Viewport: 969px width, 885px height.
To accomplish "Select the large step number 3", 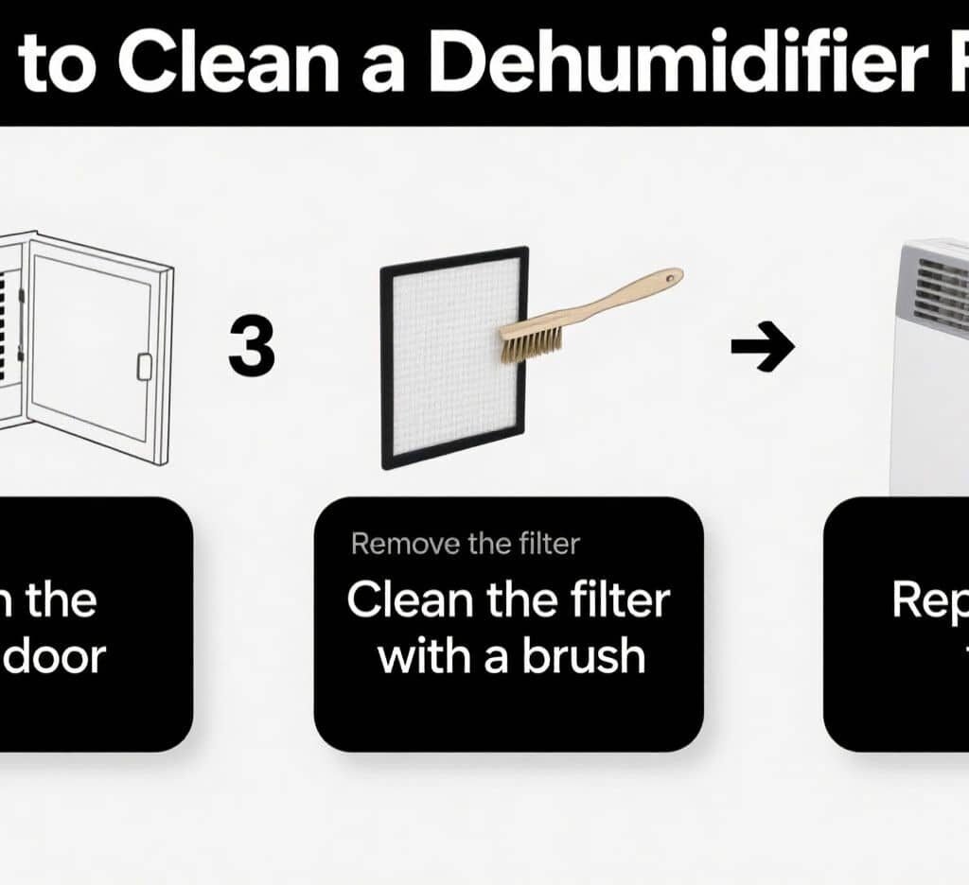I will [252, 348].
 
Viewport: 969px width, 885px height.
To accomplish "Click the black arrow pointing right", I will [762, 347].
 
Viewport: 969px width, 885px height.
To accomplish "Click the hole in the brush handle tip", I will [671, 278].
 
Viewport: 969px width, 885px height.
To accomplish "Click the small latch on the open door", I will [145, 365].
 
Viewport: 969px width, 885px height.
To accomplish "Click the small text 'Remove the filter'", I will [465, 544].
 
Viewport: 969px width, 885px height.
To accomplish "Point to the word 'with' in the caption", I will [421, 655].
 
